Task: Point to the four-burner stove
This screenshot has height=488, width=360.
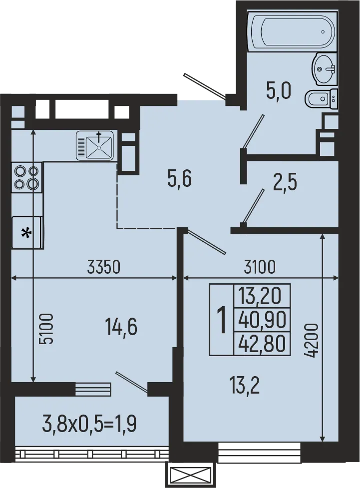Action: (x=27, y=177)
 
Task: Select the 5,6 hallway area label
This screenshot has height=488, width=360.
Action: (x=180, y=178)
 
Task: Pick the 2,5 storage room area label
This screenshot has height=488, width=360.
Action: (x=285, y=183)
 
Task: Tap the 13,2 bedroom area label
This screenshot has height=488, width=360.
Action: (x=244, y=385)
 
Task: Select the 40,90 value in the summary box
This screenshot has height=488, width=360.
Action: (x=262, y=319)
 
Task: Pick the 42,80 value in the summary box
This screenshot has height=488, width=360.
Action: (x=262, y=343)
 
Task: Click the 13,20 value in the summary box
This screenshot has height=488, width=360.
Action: (x=262, y=296)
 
